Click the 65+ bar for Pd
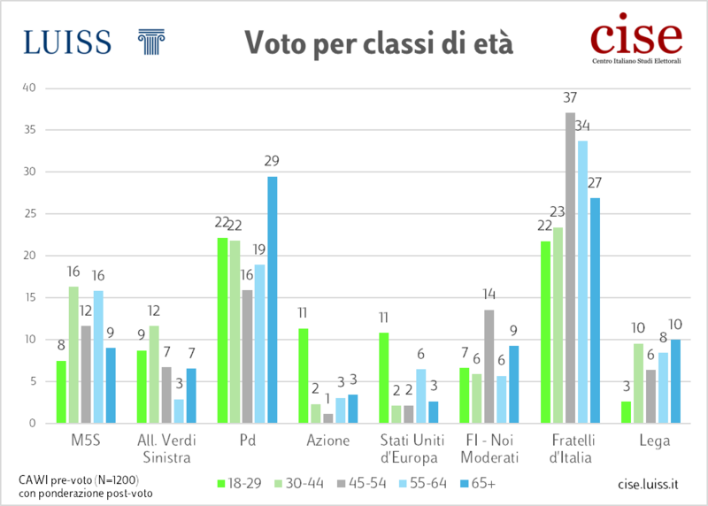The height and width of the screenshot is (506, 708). (272, 300)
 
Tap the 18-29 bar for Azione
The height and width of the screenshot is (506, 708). (303, 376)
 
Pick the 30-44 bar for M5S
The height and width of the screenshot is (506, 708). (73, 355)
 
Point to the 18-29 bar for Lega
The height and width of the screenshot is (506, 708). (626, 412)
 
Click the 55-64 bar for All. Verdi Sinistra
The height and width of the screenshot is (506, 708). (179, 411)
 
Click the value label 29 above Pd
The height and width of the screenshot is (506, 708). (272, 161)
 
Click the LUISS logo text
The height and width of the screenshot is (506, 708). (68, 41)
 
